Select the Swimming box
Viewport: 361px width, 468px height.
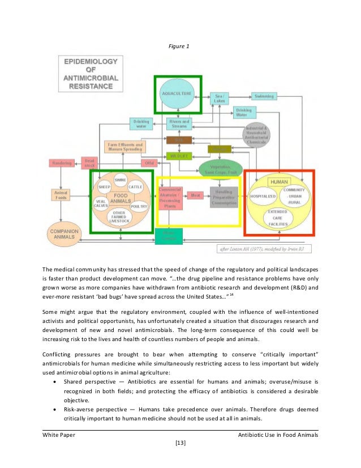tap(264, 96)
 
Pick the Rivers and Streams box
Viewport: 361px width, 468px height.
tap(180, 123)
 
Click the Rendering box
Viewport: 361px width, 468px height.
tap(62, 163)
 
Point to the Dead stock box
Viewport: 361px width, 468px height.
tap(91, 163)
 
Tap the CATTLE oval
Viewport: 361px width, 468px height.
tap(135, 187)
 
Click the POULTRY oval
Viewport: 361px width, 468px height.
tap(139, 207)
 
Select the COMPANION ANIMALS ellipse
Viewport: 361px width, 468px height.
tap(64, 234)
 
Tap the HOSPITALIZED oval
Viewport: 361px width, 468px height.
tap(263, 196)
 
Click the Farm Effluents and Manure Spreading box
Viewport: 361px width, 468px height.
tap(125, 147)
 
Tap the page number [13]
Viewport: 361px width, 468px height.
tap(180, 443)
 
